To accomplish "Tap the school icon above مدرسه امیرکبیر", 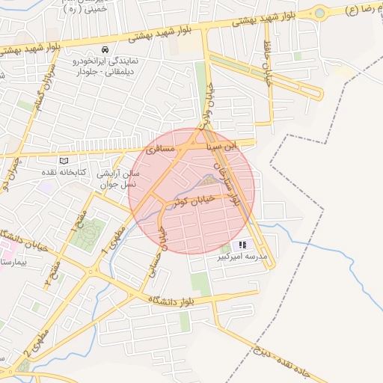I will point(242,245).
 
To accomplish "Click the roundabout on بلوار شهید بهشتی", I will point(320,13).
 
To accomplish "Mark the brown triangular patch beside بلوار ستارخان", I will point(212,178).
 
